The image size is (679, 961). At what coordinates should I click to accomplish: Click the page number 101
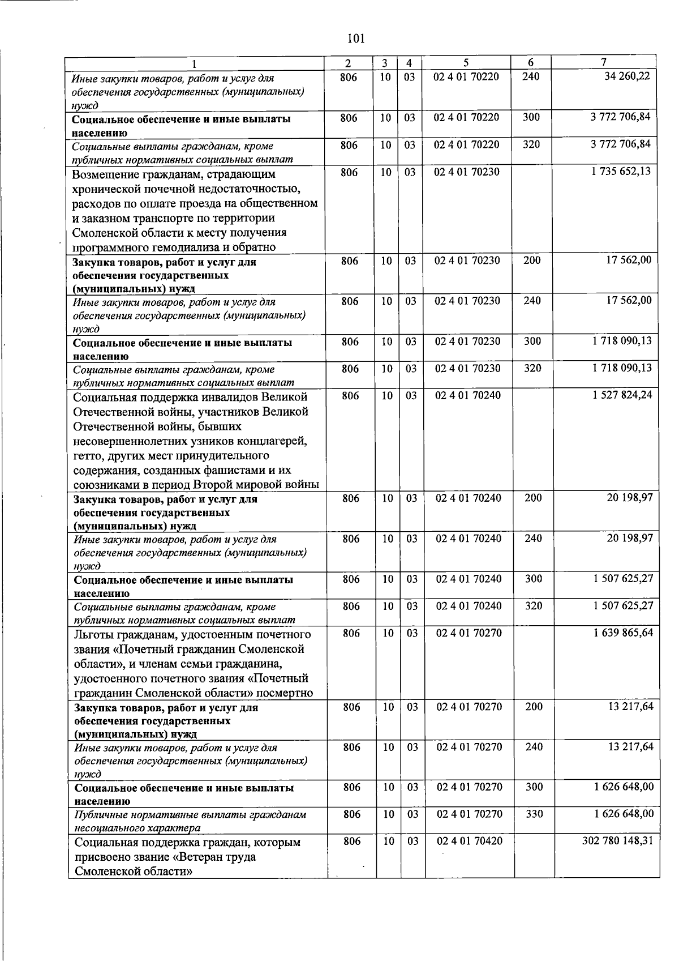tap(356, 39)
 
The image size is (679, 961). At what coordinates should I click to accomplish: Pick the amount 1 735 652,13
tap(621, 172)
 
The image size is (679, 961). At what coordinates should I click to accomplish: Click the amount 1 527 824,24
tap(622, 395)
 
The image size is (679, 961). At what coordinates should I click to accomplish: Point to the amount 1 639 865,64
tap(622, 632)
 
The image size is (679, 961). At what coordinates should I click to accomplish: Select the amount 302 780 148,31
tap(617, 840)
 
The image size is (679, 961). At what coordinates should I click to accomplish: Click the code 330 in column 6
tap(534, 814)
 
